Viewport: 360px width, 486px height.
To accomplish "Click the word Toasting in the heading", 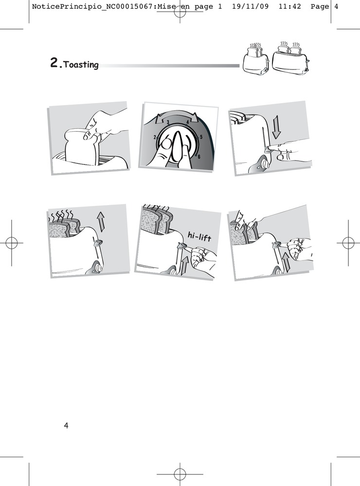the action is click(81, 65).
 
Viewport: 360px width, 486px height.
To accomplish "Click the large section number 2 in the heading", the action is click(54, 63).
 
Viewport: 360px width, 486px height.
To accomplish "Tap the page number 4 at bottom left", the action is click(66, 425).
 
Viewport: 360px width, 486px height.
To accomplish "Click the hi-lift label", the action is click(199, 237).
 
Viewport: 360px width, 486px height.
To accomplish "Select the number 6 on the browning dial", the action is click(199, 157).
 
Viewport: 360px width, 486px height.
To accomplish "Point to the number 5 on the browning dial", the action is click(201, 137).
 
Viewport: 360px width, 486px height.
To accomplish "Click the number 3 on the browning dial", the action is click(168, 122).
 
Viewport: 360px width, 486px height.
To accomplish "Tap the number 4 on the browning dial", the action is click(187, 122).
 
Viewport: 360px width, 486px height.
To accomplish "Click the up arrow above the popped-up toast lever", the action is click(101, 222).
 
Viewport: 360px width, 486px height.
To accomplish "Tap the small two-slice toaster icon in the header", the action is click(255, 59).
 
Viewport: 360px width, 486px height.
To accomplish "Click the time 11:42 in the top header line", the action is click(289, 6).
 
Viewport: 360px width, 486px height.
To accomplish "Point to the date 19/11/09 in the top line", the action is click(250, 6).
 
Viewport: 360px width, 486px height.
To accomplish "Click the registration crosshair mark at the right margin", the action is click(348, 243).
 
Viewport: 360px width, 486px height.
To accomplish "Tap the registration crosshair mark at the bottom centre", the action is click(180, 474).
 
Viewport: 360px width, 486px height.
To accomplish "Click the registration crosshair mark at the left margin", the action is click(12, 243).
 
